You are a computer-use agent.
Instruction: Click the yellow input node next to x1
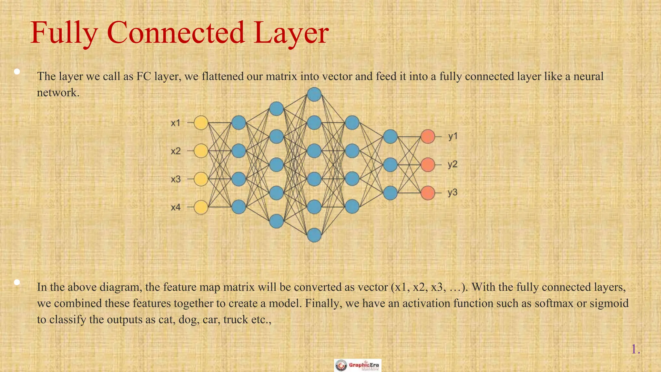(x=201, y=123)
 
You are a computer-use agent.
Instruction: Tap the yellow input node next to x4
(x=201, y=207)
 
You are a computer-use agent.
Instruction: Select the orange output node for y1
(x=428, y=137)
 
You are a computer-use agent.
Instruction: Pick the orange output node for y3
(x=428, y=193)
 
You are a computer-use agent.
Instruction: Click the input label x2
(x=176, y=151)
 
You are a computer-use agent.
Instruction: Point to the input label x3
(x=176, y=179)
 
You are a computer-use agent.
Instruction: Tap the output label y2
(x=453, y=165)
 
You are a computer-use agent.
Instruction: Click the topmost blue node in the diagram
(x=314, y=95)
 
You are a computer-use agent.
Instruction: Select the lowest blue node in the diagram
(x=314, y=235)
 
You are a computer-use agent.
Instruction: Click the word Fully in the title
(x=64, y=33)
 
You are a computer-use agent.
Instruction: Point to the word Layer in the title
(x=291, y=33)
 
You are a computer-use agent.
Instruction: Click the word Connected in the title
(x=176, y=33)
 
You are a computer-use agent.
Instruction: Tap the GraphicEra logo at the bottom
(x=358, y=365)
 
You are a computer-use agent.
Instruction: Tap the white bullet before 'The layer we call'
(x=17, y=71)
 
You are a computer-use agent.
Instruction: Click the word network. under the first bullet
(x=58, y=93)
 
